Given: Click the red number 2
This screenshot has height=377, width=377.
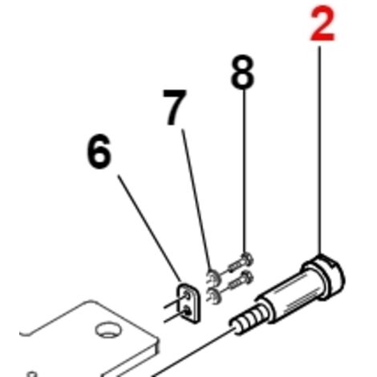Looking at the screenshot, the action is (322, 23).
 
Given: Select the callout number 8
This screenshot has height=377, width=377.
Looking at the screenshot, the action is (242, 71).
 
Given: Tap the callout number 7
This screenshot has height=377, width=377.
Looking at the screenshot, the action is (174, 107).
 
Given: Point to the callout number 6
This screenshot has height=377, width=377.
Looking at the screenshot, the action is (99, 152).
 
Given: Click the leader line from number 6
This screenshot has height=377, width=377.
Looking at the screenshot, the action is (150, 229).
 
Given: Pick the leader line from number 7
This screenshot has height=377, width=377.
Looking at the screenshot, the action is (197, 201).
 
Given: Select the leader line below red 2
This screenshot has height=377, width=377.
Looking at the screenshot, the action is (319, 150).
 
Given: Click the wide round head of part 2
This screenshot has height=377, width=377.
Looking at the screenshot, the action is (324, 278).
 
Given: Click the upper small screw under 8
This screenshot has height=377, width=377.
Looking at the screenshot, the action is (240, 262).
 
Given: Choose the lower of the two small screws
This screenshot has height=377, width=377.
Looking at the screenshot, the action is (240, 280).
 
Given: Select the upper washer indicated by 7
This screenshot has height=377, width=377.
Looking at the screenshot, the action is (213, 277).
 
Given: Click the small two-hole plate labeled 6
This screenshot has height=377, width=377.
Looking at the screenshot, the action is (189, 303).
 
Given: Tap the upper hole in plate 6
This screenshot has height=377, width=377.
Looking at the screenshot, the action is (187, 295).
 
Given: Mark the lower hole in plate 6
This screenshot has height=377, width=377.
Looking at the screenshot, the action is (188, 311).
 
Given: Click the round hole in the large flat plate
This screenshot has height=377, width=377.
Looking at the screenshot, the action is (108, 330).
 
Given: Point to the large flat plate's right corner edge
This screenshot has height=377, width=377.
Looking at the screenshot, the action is (157, 345).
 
